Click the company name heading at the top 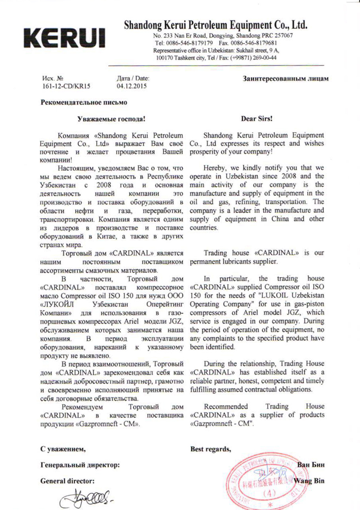point(216,25)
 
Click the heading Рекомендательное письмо point(84,103)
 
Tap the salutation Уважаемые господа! point(111,119)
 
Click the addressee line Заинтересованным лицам point(285,78)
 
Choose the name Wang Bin point(310,480)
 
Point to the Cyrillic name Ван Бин point(311,465)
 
